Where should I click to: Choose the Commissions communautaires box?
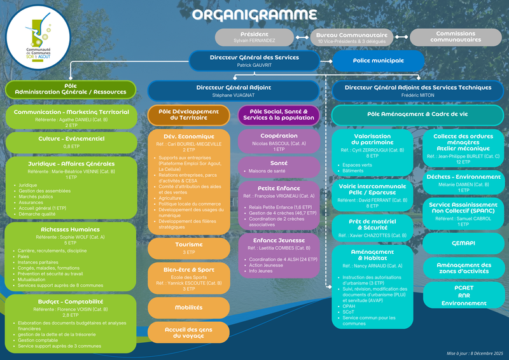pyautogui.click(x=456, y=37)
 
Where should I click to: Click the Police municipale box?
pyautogui.click(x=378, y=60)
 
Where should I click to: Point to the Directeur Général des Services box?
pyautogui.click(x=254, y=60)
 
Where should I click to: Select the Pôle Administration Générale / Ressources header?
pyautogui.click(x=71, y=88)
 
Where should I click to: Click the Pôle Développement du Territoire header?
pyautogui.click(x=188, y=114)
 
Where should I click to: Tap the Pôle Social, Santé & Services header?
pyautogui.click(x=279, y=114)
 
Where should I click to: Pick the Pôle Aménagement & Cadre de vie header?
pyautogui.click(x=417, y=114)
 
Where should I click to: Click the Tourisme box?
pyautogui.click(x=188, y=248)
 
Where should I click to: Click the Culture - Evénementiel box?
pyautogui.click(x=71, y=141)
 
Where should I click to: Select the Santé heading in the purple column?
pyautogui.click(x=279, y=163)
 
